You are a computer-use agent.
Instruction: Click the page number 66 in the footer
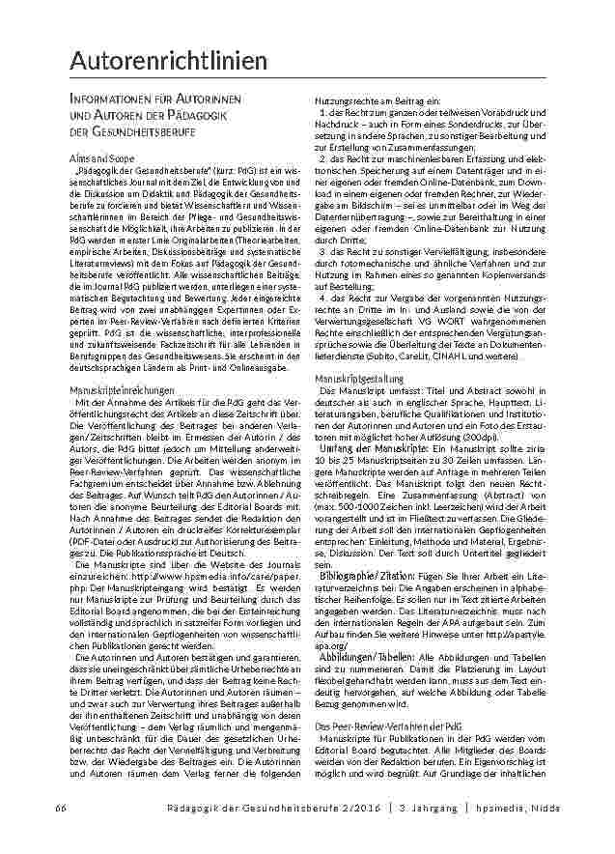[x=60, y=807]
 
